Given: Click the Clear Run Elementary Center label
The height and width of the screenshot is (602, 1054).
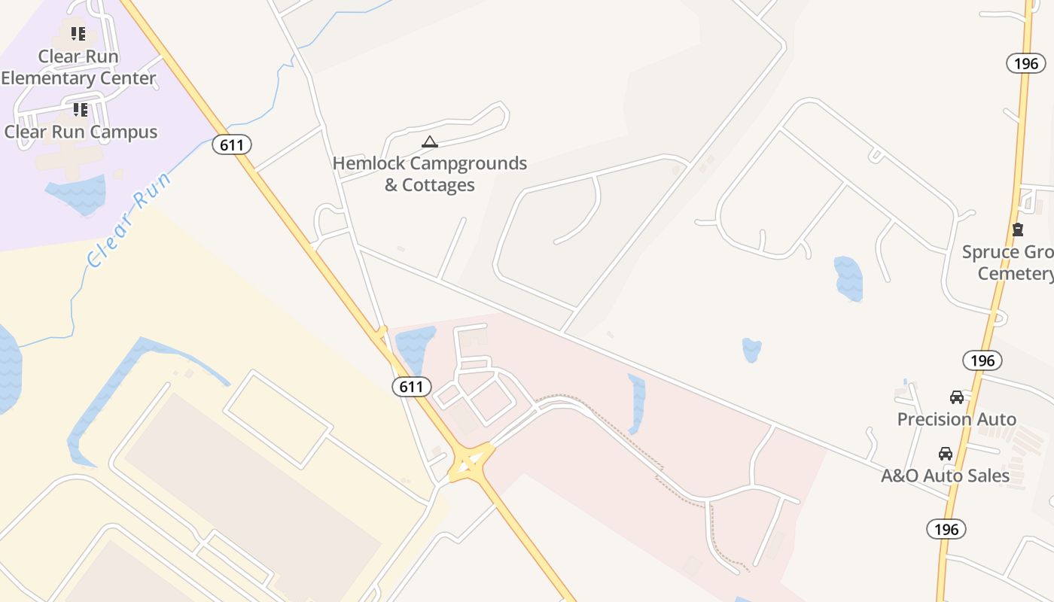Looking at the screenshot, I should pyautogui.click(x=78, y=67).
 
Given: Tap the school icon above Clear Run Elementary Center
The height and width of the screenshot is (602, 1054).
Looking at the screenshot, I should pyautogui.click(x=78, y=34).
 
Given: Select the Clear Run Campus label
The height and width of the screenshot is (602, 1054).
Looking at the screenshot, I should pyautogui.click(x=81, y=132).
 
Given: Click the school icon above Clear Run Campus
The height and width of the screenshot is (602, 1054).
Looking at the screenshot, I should pyautogui.click(x=81, y=110).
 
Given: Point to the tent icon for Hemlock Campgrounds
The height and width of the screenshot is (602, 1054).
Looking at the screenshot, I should pyautogui.click(x=429, y=141).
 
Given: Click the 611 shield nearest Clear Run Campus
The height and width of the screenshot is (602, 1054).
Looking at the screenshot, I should pyautogui.click(x=231, y=144).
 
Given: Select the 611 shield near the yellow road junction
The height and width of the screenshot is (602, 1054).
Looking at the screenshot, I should pyautogui.click(x=411, y=387).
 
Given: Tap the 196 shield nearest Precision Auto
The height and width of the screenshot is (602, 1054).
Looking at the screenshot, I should pyautogui.click(x=982, y=360).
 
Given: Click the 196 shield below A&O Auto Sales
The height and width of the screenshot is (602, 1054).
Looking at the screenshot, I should pyautogui.click(x=946, y=528).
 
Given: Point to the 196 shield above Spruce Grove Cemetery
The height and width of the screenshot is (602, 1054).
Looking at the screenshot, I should pyautogui.click(x=1026, y=63).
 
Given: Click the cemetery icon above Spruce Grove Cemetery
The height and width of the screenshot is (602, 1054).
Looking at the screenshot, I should pyautogui.click(x=1018, y=230).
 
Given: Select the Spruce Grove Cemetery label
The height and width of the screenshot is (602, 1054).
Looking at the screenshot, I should pyautogui.click(x=1009, y=263).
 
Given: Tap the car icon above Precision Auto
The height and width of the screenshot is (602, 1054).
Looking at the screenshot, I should pyautogui.click(x=957, y=397).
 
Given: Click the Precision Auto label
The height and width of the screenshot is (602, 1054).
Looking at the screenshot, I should pyautogui.click(x=956, y=419).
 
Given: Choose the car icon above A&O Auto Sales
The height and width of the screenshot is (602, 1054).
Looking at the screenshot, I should pyautogui.click(x=946, y=454).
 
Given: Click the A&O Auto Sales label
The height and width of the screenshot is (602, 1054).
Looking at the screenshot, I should pyautogui.click(x=945, y=476).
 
